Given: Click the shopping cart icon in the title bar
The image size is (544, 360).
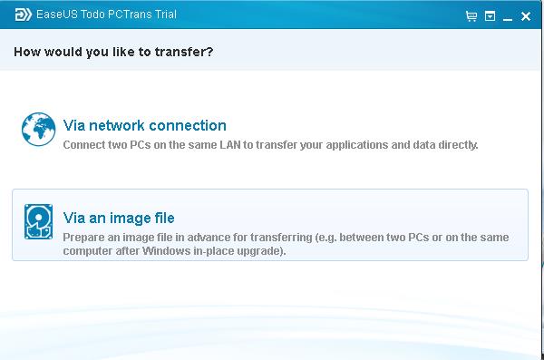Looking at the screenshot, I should click(471, 16).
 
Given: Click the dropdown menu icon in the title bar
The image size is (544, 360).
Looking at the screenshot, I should click(490, 16).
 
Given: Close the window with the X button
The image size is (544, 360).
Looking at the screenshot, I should click(526, 16).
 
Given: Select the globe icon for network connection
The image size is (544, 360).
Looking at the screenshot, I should click(38, 130).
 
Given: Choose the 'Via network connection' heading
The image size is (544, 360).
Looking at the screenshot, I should click(145, 125).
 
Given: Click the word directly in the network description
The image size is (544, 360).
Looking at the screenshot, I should click(455, 144).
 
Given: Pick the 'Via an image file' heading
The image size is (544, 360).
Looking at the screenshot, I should click(119, 218).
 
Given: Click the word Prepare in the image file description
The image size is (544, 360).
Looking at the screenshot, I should click(83, 238).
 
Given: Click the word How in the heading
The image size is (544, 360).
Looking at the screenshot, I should click(27, 52).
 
